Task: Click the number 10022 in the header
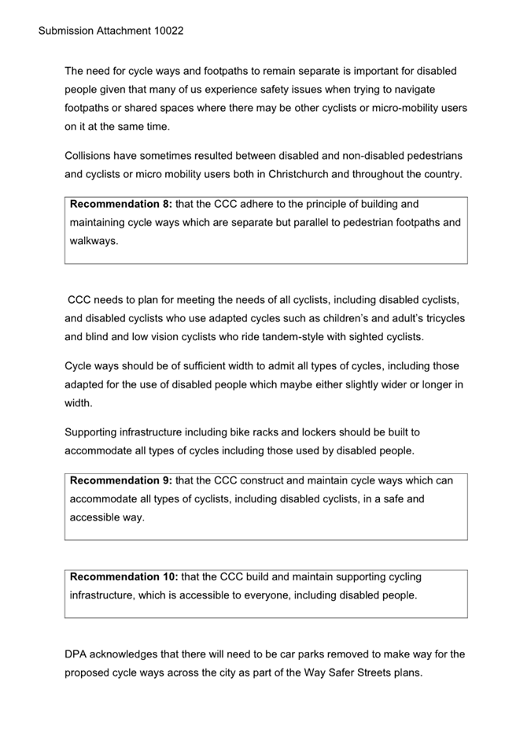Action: coord(168,31)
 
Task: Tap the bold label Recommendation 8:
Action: coord(121,204)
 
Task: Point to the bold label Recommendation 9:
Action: coord(121,480)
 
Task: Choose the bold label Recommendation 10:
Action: coord(124,576)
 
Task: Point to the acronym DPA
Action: coord(77,654)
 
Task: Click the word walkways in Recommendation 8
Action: coord(94,242)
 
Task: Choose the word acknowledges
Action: coord(131,654)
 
